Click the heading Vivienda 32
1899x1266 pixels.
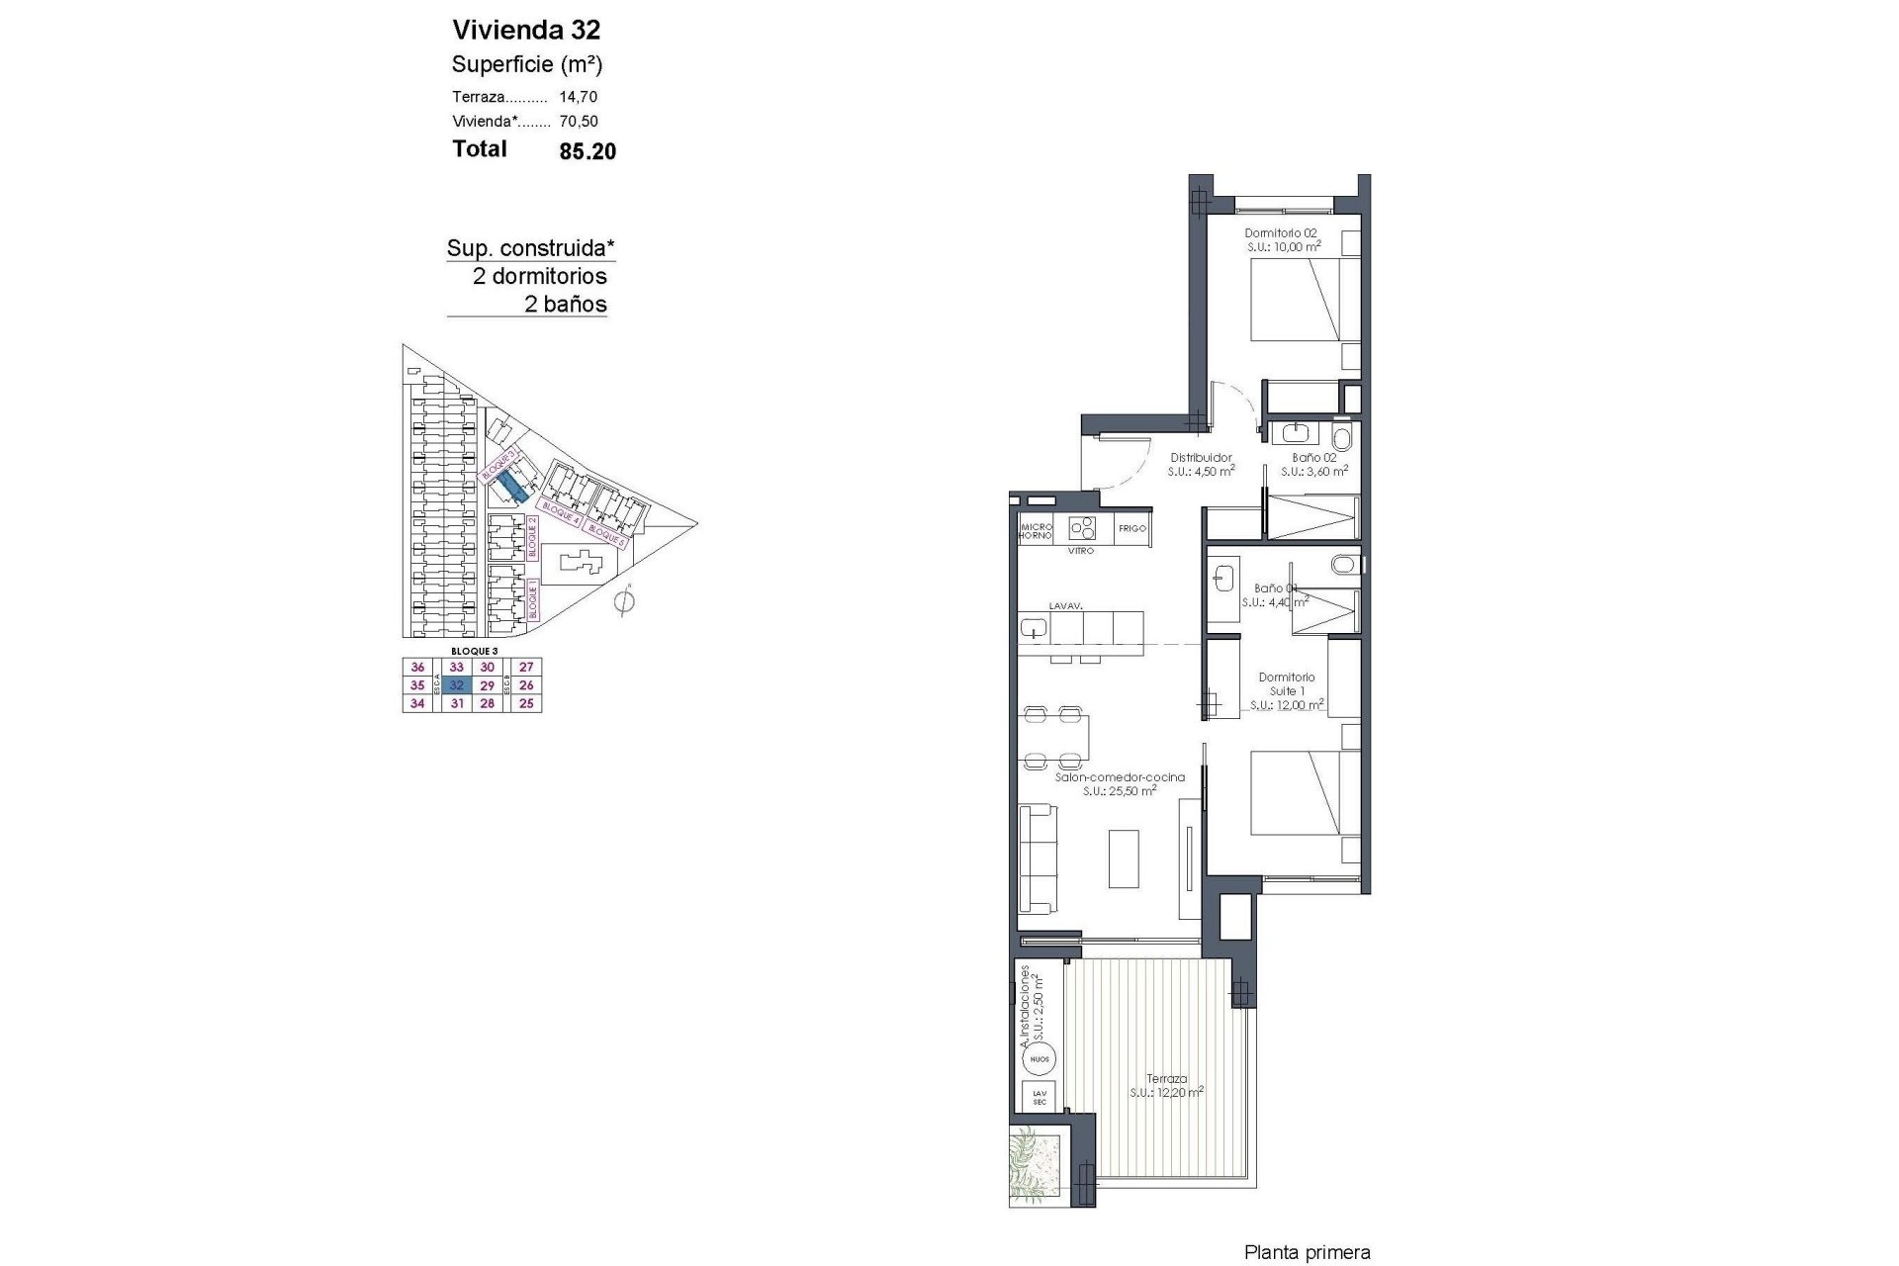point(526,29)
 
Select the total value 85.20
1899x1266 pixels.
point(588,151)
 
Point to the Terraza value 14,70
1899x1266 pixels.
point(579,97)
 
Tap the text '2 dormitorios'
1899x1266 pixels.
point(539,276)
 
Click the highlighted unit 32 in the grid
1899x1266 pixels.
point(456,685)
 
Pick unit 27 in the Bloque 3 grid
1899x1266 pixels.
point(526,668)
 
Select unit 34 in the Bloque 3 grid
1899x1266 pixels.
point(417,704)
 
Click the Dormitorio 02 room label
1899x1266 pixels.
point(1281,233)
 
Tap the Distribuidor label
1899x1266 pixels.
point(1201,458)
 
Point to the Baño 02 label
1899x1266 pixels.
point(1314,458)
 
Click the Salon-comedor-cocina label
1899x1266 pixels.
point(1120,777)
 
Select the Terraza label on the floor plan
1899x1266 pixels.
point(1167,1079)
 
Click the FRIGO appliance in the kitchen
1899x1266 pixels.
point(1132,528)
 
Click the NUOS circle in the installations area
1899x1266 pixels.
point(1040,1059)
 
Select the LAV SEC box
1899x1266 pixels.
point(1040,1097)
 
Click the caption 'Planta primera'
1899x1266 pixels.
point(1307,1253)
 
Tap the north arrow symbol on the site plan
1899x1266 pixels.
point(624,600)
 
